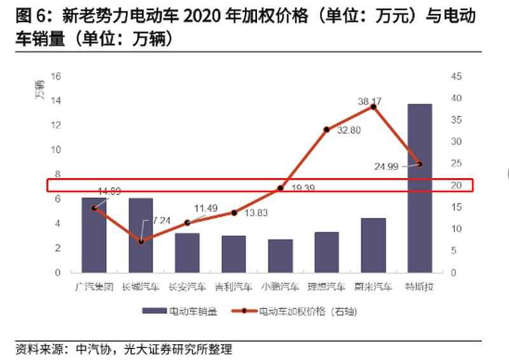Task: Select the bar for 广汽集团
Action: point(94,235)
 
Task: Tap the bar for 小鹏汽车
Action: point(280,256)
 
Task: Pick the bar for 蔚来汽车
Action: point(373,245)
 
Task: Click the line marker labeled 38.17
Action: point(373,107)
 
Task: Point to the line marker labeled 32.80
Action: point(326,130)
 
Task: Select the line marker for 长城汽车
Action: point(141,241)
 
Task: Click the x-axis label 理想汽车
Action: point(326,287)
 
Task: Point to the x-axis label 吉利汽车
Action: point(234,287)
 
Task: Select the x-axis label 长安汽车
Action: point(187,287)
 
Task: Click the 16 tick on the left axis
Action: point(55,76)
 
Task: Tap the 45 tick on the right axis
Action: point(456,76)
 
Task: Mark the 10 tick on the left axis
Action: point(55,150)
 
